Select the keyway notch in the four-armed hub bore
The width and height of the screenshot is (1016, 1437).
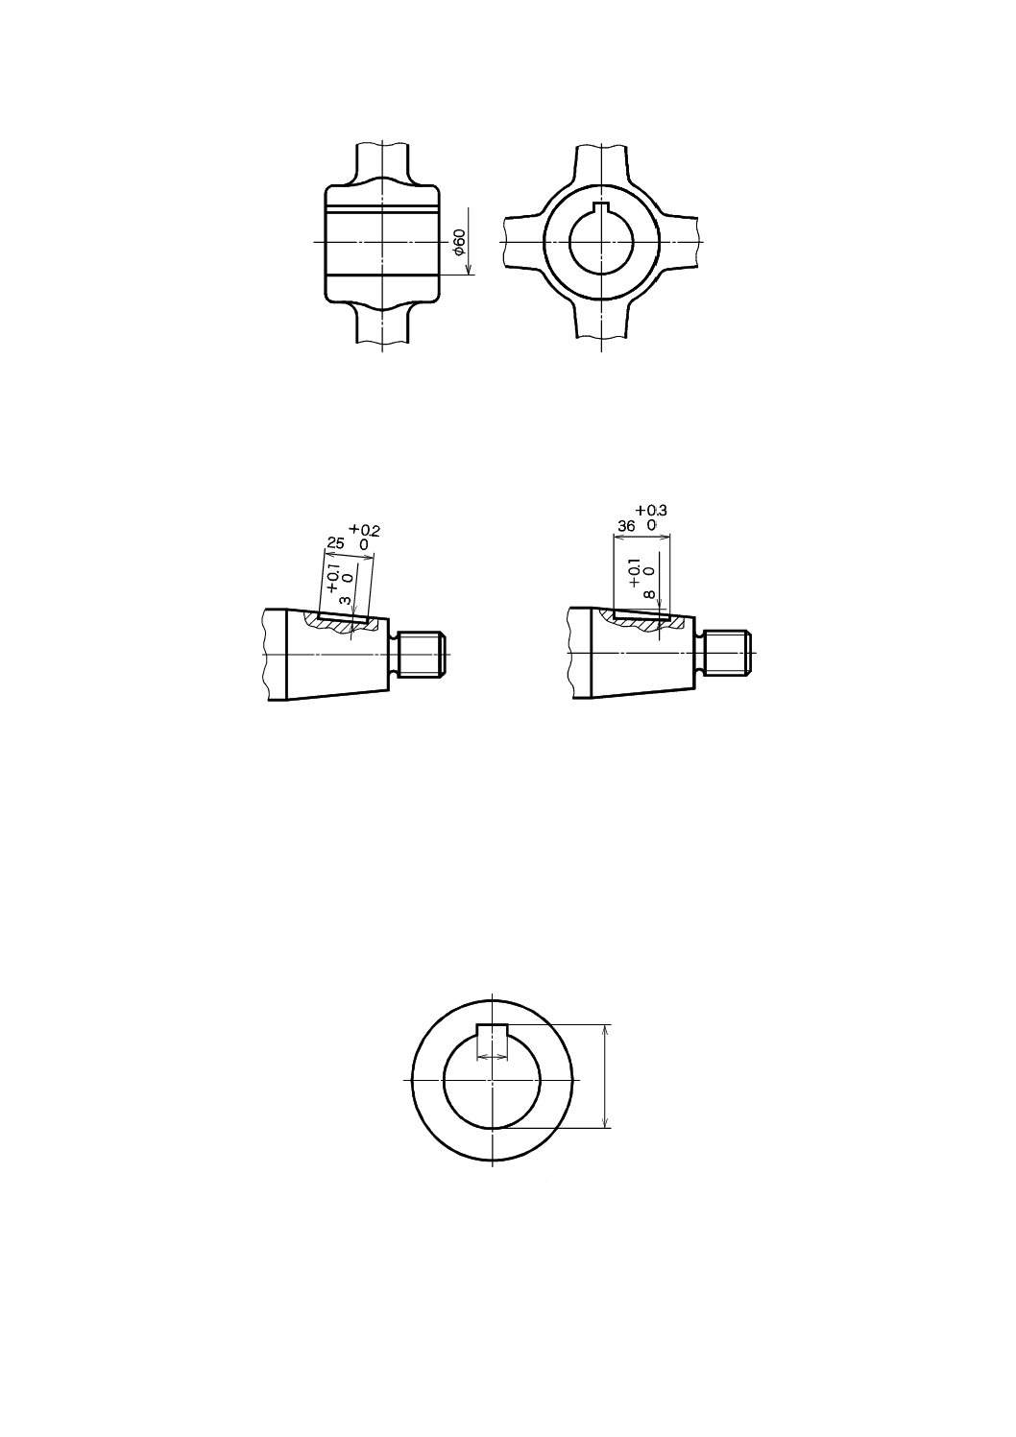point(601,209)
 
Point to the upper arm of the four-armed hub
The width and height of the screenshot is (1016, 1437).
point(601,163)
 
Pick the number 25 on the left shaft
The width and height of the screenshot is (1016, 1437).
point(335,543)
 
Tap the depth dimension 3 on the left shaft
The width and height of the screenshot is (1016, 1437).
point(344,600)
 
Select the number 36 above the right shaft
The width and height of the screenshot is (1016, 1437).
point(626,526)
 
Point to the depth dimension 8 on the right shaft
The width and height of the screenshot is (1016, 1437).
point(649,595)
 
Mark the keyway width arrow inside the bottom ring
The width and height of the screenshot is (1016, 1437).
point(492,1055)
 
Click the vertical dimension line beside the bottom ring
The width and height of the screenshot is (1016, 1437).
point(605,1076)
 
